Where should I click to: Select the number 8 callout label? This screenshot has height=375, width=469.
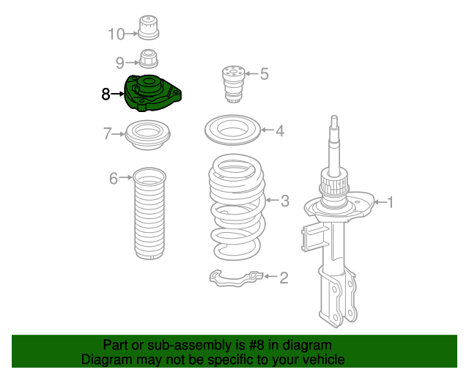(106, 94)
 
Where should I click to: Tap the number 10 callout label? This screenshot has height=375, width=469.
(116, 34)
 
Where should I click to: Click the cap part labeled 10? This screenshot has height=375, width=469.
(148, 27)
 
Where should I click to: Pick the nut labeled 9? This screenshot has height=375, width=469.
(149, 59)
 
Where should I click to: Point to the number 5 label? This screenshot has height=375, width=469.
(264, 74)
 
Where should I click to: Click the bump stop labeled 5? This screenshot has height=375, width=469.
(234, 84)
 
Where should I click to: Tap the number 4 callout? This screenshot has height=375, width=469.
(280, 130)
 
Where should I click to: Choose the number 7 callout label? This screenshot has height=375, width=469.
(108, 134)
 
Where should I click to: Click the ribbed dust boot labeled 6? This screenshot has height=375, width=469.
(149, 214)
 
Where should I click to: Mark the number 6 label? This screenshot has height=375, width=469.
(114, 179)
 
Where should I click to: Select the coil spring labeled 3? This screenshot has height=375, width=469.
(237, 207)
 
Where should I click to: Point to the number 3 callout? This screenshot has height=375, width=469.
(285, 201)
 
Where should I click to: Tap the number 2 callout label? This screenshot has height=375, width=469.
(284, 278)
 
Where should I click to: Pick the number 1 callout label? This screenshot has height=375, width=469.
(390, 202)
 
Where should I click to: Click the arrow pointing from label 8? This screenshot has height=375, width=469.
(117, 94)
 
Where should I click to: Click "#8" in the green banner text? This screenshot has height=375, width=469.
(256, 346)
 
